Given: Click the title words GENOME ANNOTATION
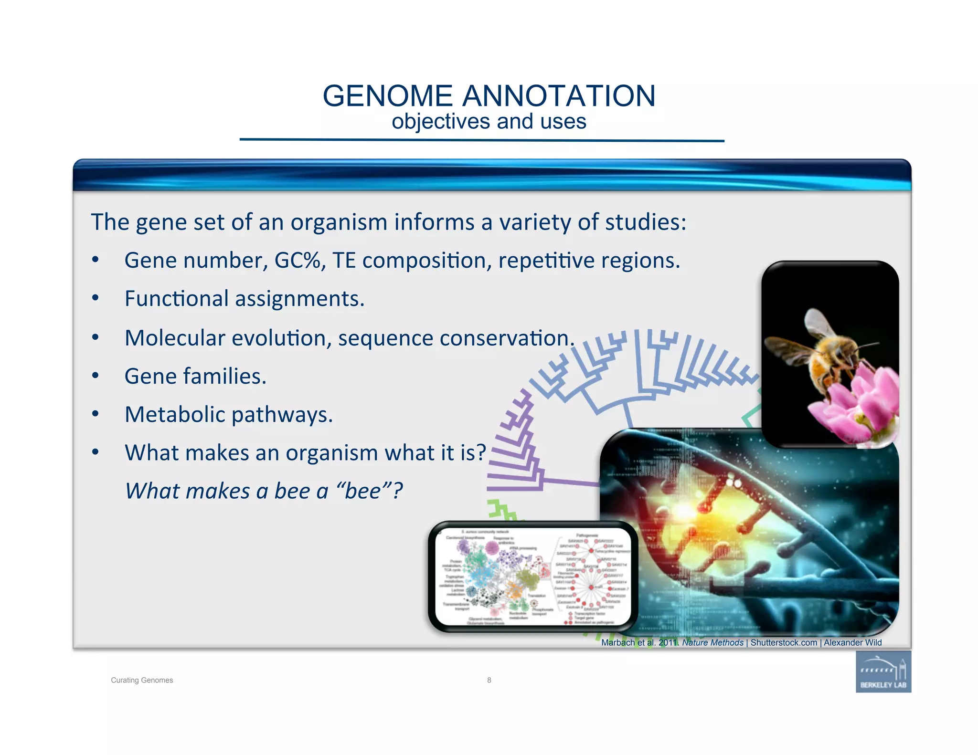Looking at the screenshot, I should pos(489,96).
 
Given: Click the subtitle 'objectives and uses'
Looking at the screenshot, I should pos(489,122).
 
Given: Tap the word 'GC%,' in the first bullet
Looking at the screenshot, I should pos(300,261).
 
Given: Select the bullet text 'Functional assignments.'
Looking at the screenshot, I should pos(244,299).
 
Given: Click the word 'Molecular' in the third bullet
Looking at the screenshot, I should pos(175,338).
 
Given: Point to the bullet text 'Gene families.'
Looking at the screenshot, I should pos(195,377).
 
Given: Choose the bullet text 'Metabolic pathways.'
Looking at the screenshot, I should pos(229,415).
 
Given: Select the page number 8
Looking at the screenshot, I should pos(489,680).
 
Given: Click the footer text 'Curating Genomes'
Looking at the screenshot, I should pos(142,680).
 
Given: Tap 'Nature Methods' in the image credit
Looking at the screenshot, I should pos(712,643).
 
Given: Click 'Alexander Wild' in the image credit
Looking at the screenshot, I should pos(852,643).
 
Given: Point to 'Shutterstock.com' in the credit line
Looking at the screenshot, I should pos(784,643).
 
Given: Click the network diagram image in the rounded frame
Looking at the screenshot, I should pos(532,577).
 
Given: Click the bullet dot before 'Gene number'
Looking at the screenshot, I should pos(96,260).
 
